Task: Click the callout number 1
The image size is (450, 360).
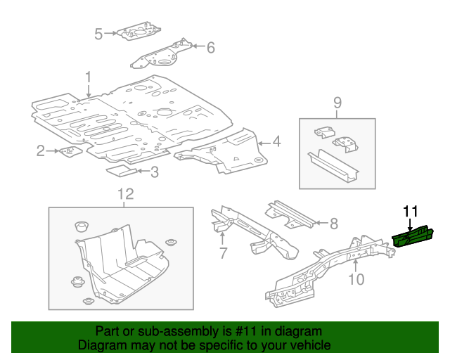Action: (x=89, y=77)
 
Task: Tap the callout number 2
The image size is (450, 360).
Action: (x=41, y=150)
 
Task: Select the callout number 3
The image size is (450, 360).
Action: (x=154, y=171)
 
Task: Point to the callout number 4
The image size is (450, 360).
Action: (x=277, y=143)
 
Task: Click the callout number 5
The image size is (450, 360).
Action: (x=98, y=33)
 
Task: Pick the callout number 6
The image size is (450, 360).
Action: (x=210, y=47)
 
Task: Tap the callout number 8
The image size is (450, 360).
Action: (x=333, y=224)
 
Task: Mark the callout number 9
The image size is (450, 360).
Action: (x=337, y=103)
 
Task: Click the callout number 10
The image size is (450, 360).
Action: (x=356, y=280)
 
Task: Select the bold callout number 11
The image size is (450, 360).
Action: (x=410, y=210)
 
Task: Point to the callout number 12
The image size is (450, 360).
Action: (x=124, y=193)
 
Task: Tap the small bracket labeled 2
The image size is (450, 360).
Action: (x=70, y=151)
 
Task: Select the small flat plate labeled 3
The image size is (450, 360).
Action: (x=120, y=169)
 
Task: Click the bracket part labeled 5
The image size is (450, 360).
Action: (x=139, y=31)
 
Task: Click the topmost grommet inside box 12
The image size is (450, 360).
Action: (x=80, y=227)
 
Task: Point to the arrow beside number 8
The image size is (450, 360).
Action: (x=318, y=224)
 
